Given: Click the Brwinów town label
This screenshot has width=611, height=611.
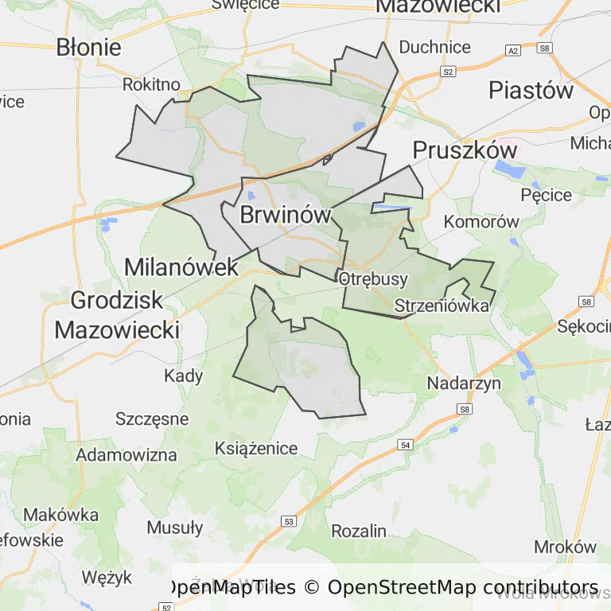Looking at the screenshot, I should (x=285, y=215).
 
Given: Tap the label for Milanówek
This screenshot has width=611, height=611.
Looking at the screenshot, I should (x=181, y=267).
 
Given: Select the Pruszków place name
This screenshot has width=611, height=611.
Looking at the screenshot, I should (x=465, y=150).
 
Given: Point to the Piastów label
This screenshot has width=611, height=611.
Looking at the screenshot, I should (x=531, y=90).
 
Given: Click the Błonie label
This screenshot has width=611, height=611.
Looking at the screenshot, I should (x=89, y=47).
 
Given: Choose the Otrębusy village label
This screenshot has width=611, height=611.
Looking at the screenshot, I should (x=373, y=279).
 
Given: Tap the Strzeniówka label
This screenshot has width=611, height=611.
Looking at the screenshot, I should (x=442, y=305).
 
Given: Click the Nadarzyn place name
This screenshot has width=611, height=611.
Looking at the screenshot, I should (x=464, y=383).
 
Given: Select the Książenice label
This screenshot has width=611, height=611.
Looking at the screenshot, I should (x=256, y=448).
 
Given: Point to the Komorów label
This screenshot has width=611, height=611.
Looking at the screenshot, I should (x=481, y=222).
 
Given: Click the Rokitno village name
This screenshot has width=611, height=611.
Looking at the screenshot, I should (x=151, y=84).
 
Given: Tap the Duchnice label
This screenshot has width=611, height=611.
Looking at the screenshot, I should (x=434, y=47).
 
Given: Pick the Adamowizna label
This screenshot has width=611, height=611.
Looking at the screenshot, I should (x=126, y=455).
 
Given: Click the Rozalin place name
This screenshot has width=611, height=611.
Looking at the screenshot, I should (x=359, y=531).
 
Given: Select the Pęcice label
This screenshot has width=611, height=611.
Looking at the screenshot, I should (x=546, y=194).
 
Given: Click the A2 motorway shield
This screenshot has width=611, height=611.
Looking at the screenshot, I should (x=512, y=50).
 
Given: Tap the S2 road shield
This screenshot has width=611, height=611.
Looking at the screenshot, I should (x=448, y=72).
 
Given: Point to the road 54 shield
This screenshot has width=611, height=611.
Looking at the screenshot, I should (x=407, y=446).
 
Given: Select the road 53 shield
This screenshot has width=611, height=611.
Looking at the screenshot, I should (x=288, y=521).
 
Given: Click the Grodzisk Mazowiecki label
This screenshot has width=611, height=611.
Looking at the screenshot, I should (x=117, y=314).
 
